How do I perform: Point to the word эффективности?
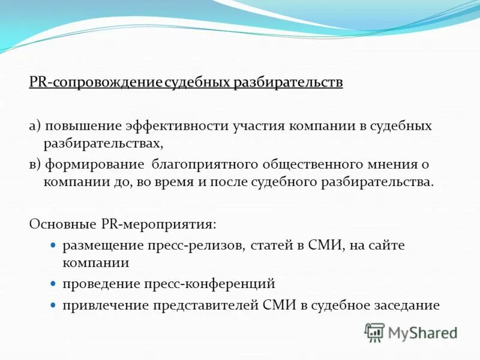[167, 126]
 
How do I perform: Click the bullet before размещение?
[52, 245]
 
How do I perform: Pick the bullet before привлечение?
[52, 305]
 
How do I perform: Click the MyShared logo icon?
[374, 332]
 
